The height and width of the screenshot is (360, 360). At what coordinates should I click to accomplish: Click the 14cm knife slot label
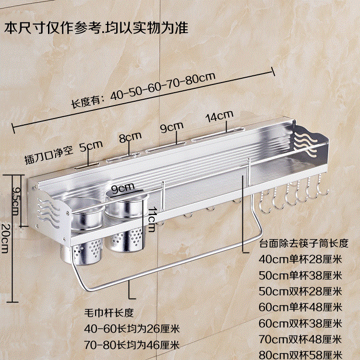coord(219,117)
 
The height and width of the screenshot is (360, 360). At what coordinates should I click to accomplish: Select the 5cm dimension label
coord(91,145)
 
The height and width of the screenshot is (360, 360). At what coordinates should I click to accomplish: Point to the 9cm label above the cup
coord(122,187)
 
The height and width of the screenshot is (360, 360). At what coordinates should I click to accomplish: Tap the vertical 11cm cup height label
coord(152,217)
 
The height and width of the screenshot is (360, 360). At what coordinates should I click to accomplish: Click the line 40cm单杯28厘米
coord(300,259)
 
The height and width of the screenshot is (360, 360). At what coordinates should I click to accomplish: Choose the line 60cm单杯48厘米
coord(300,307)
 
